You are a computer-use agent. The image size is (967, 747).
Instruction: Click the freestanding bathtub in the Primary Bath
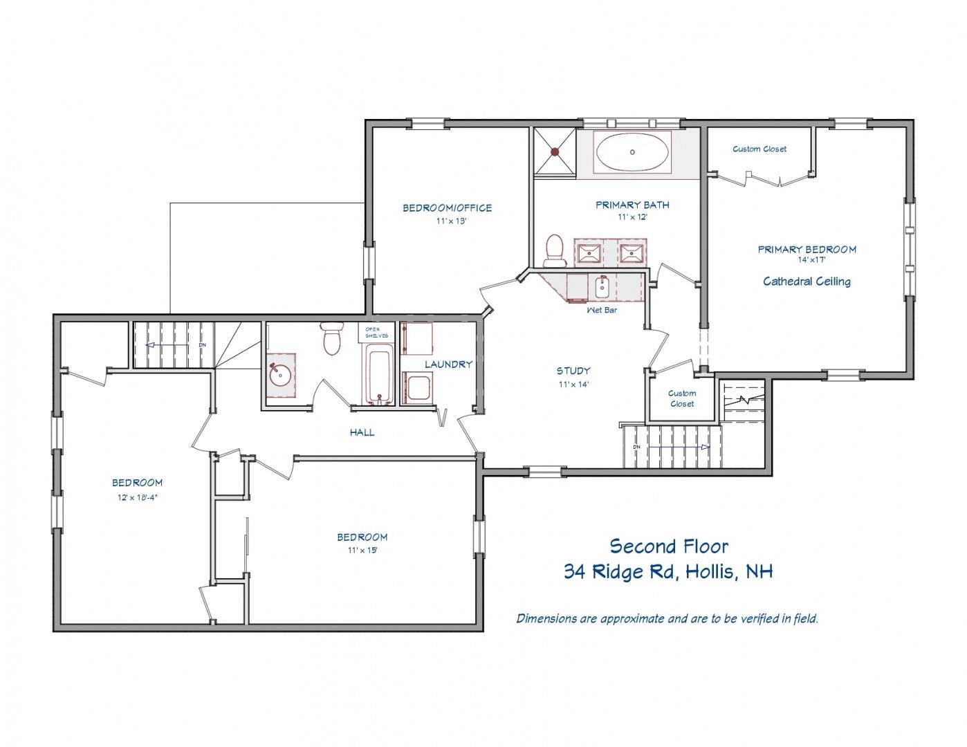pos(632,151)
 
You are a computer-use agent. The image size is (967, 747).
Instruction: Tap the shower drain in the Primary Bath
pos(555,151)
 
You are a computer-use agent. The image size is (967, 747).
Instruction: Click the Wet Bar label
pos(602,310)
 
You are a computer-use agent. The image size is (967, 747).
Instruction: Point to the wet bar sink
pos(602,288)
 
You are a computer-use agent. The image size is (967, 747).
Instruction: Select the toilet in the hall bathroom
pos(331,338)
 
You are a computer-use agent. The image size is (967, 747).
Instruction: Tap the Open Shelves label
pos(376,333)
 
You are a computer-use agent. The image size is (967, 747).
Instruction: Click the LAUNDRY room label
pos(448,365)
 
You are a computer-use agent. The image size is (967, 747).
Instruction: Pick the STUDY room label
pos(573,371)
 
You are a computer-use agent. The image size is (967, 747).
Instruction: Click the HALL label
pos(362,432)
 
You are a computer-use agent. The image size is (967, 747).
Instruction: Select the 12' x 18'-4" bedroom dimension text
pos(138,497)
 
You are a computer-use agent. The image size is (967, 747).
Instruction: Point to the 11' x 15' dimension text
pos(362,550)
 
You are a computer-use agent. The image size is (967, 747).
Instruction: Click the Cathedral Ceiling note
pos(807,282)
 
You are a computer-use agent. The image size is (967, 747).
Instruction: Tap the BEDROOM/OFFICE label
pos(448,207)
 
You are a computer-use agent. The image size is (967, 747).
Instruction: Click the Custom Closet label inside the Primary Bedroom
pos(759,149)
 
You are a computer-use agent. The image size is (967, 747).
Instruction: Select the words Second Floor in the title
pos(669,546)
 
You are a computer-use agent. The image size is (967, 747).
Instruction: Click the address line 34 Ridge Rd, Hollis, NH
pos(668,572)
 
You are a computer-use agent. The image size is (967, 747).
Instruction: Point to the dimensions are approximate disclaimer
pos(667,618)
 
